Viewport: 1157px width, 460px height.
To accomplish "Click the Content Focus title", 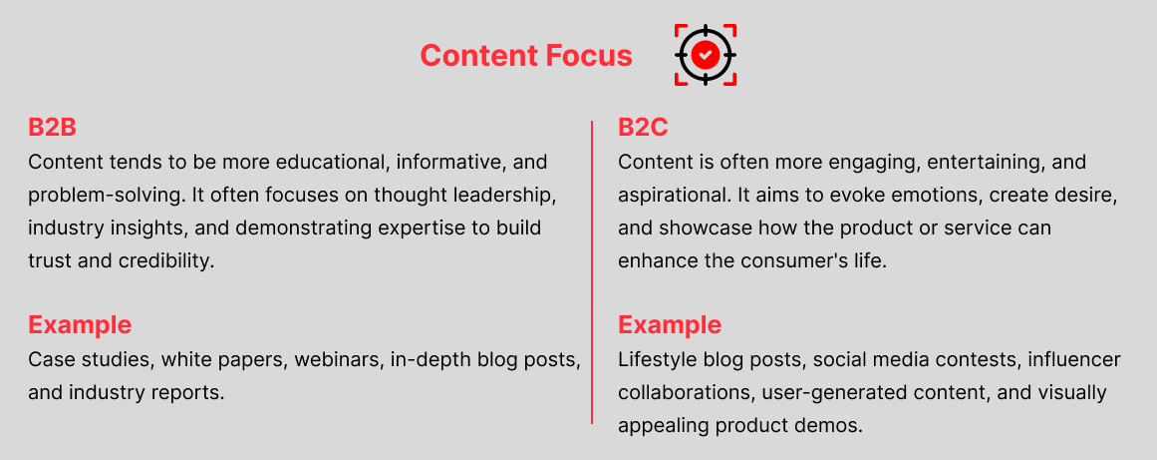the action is (x=526, y=56).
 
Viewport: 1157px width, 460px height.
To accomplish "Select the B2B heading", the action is (x=53, y=127).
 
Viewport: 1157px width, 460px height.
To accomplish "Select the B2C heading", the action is (x=643, y=127).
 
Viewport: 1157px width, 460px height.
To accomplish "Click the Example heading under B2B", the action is (x=80, y=324).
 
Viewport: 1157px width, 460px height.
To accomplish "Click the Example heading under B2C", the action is (x=670, y=324).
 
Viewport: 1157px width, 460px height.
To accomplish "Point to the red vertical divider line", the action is (x=592, y=272).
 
